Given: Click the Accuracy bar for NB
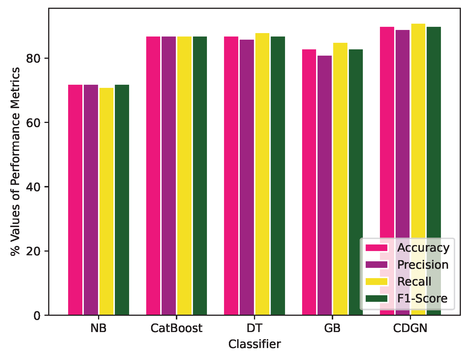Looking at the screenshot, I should (x=75, y=200).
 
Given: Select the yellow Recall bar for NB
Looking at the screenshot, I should (x=106, y=201).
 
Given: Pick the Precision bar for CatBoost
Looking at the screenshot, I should (x=169, y=176).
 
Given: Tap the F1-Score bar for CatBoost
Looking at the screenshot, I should (x=200, y=176).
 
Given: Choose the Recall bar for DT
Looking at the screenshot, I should (x=262, y=174).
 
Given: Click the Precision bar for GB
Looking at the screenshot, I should (x=325, y=185).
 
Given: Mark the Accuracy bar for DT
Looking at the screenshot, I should (x=231, y=176).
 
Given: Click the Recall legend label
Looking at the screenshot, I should (x=414, y=282).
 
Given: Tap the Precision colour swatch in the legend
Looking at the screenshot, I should (x=377, y=265).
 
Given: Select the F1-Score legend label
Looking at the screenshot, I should (x=422, y=298).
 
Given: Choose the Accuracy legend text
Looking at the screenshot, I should (x=423, y=248).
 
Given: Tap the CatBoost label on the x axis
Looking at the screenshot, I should (x=176, y=328).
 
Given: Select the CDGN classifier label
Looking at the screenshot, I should (x=410, y=328).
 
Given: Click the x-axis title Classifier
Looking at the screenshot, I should (x=255, y=344).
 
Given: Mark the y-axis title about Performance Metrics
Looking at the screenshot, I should (x=15, y=162).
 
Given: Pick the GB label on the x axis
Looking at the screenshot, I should (x=332, y=328).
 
